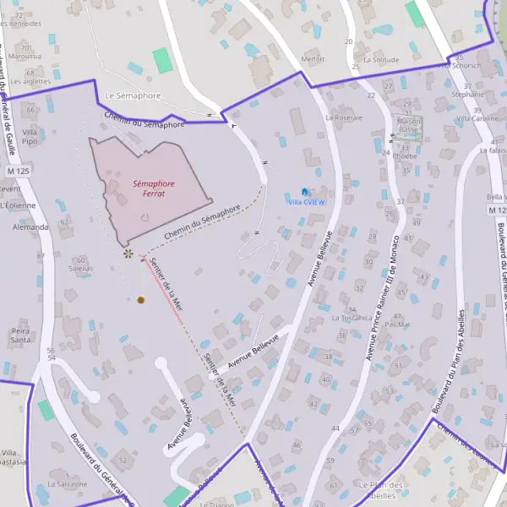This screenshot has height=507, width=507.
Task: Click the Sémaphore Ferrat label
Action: (154, 188)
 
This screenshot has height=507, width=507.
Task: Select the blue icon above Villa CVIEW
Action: (305, 192)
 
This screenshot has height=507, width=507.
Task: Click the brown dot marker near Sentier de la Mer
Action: (141, 300)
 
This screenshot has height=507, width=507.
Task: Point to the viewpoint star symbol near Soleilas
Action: (128, 253)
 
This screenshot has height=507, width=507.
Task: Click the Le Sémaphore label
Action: (133, 96)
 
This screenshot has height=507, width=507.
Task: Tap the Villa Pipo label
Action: (30, 136)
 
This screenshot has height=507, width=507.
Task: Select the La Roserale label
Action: (343, 117)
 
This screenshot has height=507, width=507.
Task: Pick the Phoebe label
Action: (406, 156)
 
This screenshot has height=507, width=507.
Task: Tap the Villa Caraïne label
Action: (477, 119)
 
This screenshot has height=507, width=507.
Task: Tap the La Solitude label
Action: (380, 60)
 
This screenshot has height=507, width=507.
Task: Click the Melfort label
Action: (313, 60)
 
